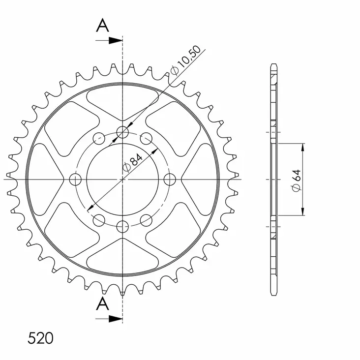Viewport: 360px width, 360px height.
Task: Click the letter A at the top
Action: (x=102, y=26)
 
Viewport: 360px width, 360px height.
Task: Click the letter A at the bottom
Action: (x=102, y=304)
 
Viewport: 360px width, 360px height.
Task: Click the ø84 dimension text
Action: (x=132, y=163)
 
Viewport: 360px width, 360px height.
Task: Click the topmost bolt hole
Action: (x=122, y=132)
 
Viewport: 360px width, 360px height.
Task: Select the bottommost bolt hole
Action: (x=122, y=226)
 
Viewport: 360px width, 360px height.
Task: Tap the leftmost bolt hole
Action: (x=75, y=179)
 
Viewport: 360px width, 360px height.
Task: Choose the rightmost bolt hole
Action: (x=170, y=179)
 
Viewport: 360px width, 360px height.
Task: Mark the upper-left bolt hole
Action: (x=99, y=138)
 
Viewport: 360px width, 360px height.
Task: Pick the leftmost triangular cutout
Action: (x=49, y=179)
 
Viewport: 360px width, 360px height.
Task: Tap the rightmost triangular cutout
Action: (x=196, y=179)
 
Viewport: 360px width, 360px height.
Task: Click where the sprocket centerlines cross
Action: (x=122, y=179)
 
